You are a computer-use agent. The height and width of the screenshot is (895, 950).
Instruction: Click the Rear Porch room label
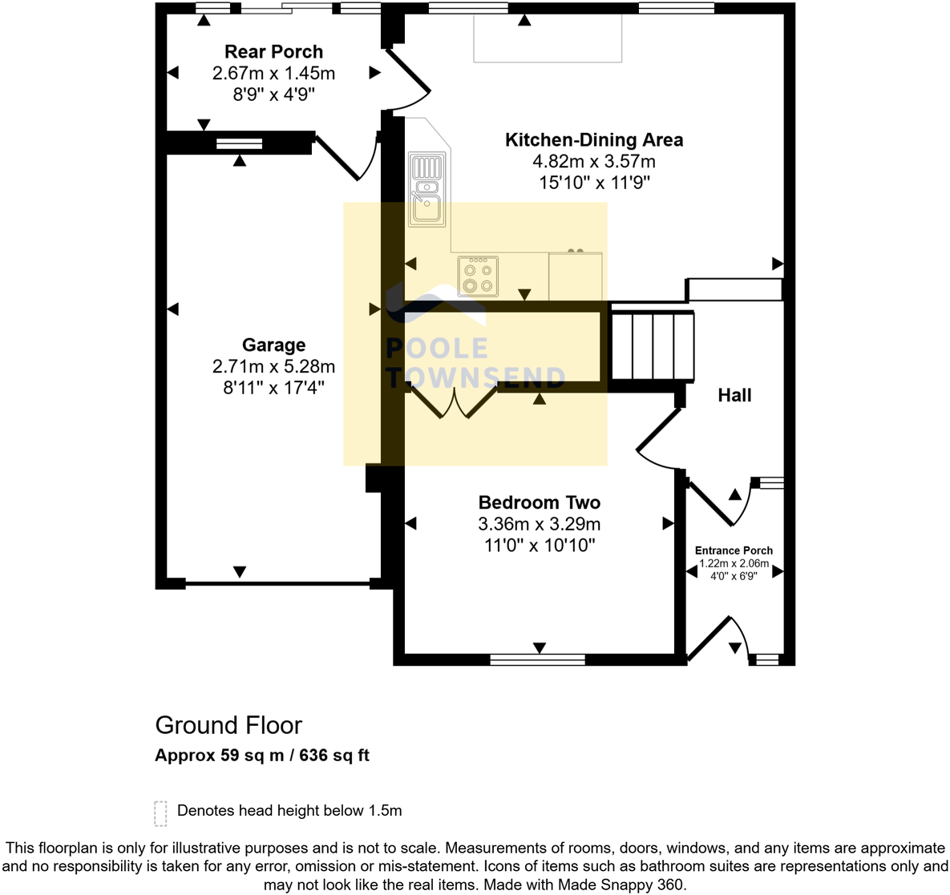(x=273, y=52)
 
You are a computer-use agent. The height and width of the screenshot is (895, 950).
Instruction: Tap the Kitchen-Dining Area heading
(x=594, y=140)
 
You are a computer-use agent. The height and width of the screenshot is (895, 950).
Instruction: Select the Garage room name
(x=273, y=345)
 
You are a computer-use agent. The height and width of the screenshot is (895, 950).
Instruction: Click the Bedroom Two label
(x=539, y=503)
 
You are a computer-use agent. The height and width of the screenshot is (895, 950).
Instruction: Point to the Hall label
(x=734, y=395)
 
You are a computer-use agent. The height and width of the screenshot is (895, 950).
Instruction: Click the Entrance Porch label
(x=734, y=550)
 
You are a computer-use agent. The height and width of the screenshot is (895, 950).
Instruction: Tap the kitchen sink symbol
(x=426, y=190)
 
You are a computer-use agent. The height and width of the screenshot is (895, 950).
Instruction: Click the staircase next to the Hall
(x=652, y=346)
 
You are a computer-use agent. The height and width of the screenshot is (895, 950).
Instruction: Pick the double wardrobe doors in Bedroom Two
(x=455, y=403)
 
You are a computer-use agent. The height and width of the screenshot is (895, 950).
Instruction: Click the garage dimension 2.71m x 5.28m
(x=273, y=367)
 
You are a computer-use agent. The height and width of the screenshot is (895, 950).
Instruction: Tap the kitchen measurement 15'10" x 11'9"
(x=594, y=183)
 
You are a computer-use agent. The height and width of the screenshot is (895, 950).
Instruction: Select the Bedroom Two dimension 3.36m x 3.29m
(x=539, y=525)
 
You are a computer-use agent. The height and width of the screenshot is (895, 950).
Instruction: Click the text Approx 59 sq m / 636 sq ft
(x=262, y=756)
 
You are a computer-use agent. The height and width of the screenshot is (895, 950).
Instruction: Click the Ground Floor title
(x=228, y=725)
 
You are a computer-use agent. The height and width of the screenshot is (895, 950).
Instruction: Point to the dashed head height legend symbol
(x=160, y=813)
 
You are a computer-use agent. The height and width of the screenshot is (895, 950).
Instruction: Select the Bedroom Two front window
(x=537, y=659)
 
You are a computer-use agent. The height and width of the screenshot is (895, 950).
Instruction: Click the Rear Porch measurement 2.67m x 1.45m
(x=273, y=74)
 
